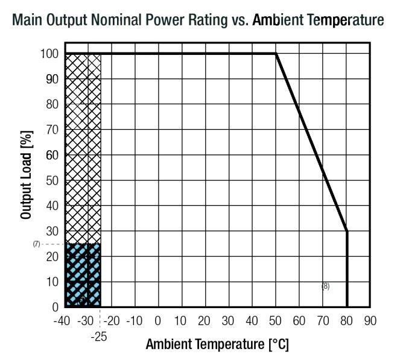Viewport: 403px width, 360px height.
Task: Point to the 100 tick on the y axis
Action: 49,54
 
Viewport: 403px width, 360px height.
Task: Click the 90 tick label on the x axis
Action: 370,320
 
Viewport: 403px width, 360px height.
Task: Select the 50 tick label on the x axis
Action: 276,320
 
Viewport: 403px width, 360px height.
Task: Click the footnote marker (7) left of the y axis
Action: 37,244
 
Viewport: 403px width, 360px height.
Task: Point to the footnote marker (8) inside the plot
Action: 325,286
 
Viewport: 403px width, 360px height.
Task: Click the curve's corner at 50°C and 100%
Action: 276,54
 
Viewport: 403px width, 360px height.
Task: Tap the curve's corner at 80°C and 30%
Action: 347,231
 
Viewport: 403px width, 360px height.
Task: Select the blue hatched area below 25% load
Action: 83,275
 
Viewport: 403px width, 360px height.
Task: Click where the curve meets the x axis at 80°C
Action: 347,307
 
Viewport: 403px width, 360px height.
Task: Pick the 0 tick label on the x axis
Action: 157,320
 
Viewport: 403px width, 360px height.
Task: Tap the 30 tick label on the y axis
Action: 52,231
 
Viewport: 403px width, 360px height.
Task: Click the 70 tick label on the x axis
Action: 323,320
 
